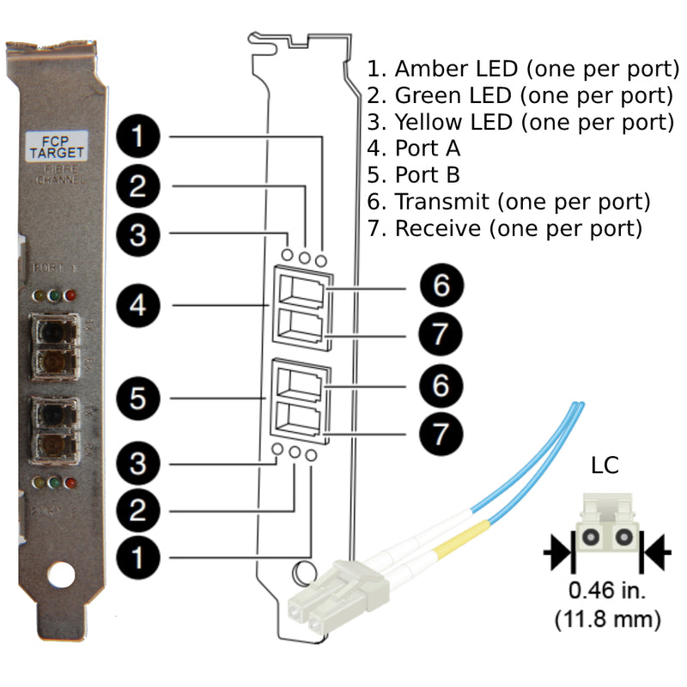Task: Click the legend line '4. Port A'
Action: click(x=414, y=148)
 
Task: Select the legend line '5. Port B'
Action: click(x=414, y=174)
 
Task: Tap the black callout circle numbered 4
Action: click(x=137, y=304)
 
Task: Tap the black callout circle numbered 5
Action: click(x=137, y=398)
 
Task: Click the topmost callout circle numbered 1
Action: click(x=137, y=136)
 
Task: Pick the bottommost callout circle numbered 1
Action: click(x=137, y=556)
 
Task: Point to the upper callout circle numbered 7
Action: click(x=441, y=333)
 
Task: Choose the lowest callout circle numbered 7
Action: click(x=441, y=433)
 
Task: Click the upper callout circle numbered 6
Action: click(x=441, y=285)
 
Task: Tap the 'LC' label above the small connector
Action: click(x=605, y=466)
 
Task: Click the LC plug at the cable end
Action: click(x=335, y=593)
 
